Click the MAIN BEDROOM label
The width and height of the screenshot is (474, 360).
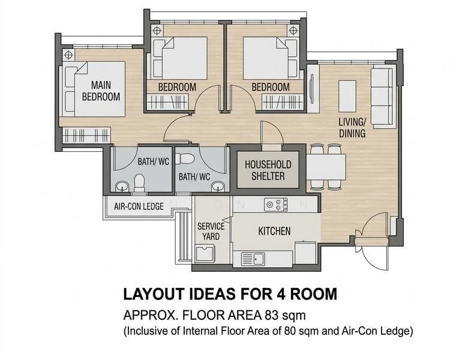[101, 91]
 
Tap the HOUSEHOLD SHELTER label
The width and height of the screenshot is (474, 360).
[268, 170]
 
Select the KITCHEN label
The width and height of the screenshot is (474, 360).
[274, 231]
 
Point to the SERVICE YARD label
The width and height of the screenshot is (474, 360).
[211, 231]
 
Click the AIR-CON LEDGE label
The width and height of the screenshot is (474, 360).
[139, 206]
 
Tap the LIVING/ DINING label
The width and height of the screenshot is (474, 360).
[352, 128]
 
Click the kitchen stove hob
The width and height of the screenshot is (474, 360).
[275, 205]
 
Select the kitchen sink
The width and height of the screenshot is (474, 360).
[253, 259]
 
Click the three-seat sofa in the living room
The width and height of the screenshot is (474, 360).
[382, 97]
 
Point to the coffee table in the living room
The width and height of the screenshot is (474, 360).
[347, 96]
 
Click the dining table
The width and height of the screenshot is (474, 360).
[326, 167]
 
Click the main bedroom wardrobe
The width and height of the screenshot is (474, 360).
[86, 135]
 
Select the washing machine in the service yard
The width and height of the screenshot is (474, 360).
[205, 254]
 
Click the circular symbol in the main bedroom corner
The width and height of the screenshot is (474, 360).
[68, 55]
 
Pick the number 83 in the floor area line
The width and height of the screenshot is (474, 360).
[271, 315]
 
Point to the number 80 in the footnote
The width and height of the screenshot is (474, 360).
[289, 331]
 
